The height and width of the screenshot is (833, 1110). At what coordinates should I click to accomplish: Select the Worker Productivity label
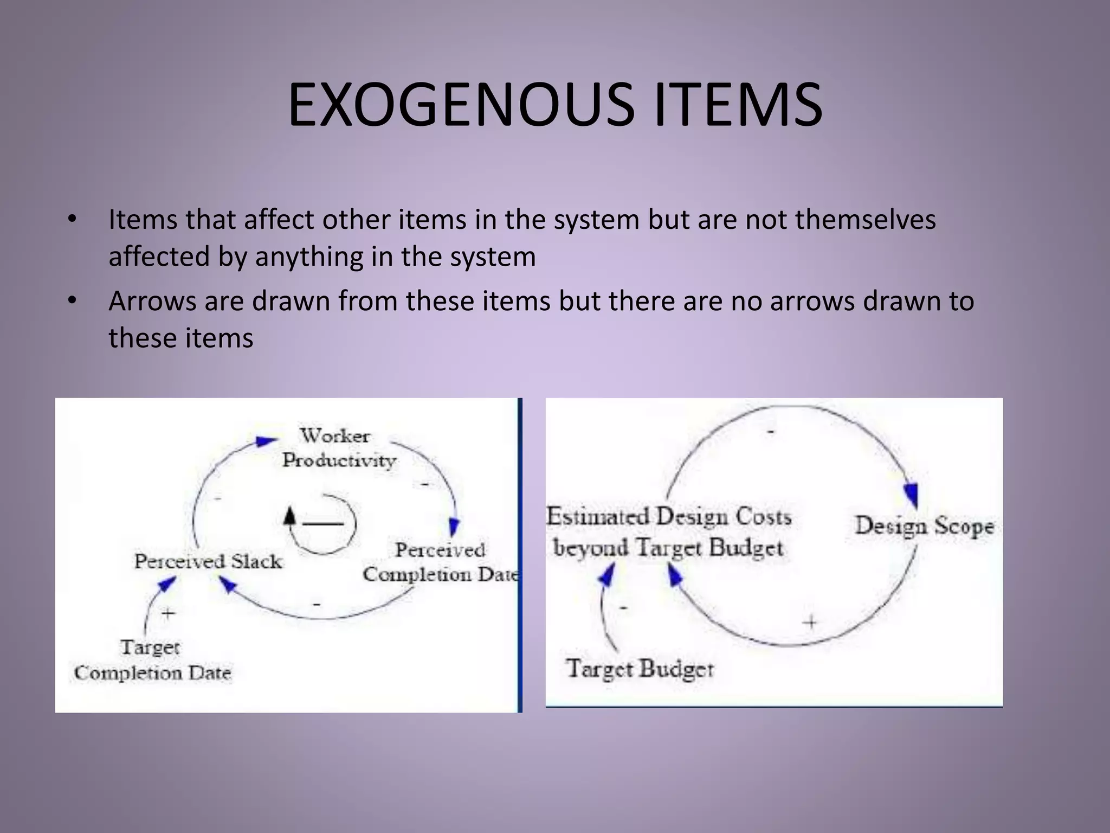click(338, 448)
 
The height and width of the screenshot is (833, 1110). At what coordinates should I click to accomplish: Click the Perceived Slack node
click(208, 561)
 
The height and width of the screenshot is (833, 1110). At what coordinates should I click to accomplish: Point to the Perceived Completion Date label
click(440, 562)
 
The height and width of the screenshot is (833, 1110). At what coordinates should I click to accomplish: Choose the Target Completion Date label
click(152, 660)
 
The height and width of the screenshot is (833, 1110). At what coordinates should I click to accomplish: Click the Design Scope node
click(924, 526)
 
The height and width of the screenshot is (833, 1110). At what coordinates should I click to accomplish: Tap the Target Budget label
click(640, 668)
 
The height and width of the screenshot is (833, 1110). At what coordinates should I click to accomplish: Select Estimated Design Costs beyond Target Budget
click(669, 531)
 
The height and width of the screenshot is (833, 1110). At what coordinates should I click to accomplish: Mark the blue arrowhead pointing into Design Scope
click(912, 494)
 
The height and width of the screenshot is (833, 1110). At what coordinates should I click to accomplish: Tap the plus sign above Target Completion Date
click(169, 613)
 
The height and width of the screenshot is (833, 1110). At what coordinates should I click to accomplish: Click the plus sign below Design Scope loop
click(811, 622)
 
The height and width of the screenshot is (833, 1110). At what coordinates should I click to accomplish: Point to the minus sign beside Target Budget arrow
click(623, 608)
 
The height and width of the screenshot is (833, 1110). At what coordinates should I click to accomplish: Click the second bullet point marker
click(72, 300)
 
